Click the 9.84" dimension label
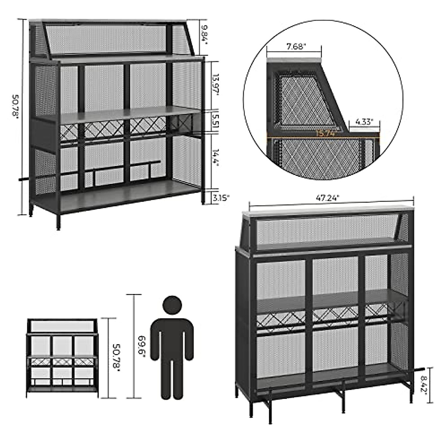[204, 34]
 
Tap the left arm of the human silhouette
[156, 340]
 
